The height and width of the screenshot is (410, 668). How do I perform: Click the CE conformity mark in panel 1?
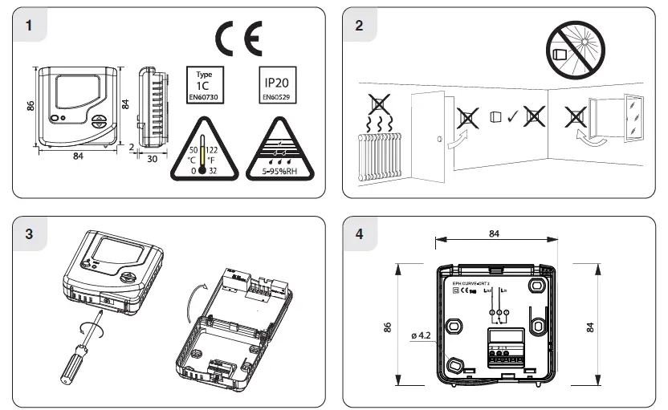pos(238,40)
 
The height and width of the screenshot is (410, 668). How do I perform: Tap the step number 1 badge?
pos(30,24)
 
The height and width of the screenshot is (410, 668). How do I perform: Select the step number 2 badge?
pos(359,24)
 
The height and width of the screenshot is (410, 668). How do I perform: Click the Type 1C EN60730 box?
pos(204,85)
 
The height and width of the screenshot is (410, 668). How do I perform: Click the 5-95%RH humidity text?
pos(274,170)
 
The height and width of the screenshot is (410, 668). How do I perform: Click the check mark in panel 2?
pos(512,117)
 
